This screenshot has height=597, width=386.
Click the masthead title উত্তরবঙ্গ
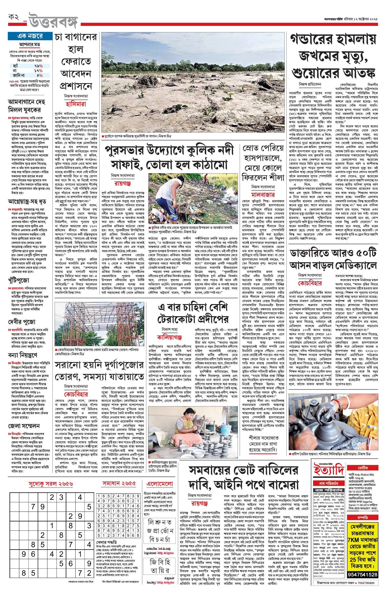pos(54,21)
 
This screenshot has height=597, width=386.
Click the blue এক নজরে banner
pos(30,36)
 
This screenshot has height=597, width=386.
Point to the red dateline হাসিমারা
pos(76,104)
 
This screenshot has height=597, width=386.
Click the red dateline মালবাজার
pos(263,195)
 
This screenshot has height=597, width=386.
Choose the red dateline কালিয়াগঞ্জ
pos(169,337)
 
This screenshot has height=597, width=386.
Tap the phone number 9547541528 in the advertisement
pos(363,574)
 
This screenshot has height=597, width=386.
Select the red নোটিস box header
pos(363,468)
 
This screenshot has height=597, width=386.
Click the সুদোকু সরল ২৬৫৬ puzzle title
pos(51,484)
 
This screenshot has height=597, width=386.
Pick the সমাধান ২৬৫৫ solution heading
pos(119,483)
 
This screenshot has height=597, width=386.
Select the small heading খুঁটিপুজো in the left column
pos(19,280)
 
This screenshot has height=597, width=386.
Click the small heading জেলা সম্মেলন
pos(24,425)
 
